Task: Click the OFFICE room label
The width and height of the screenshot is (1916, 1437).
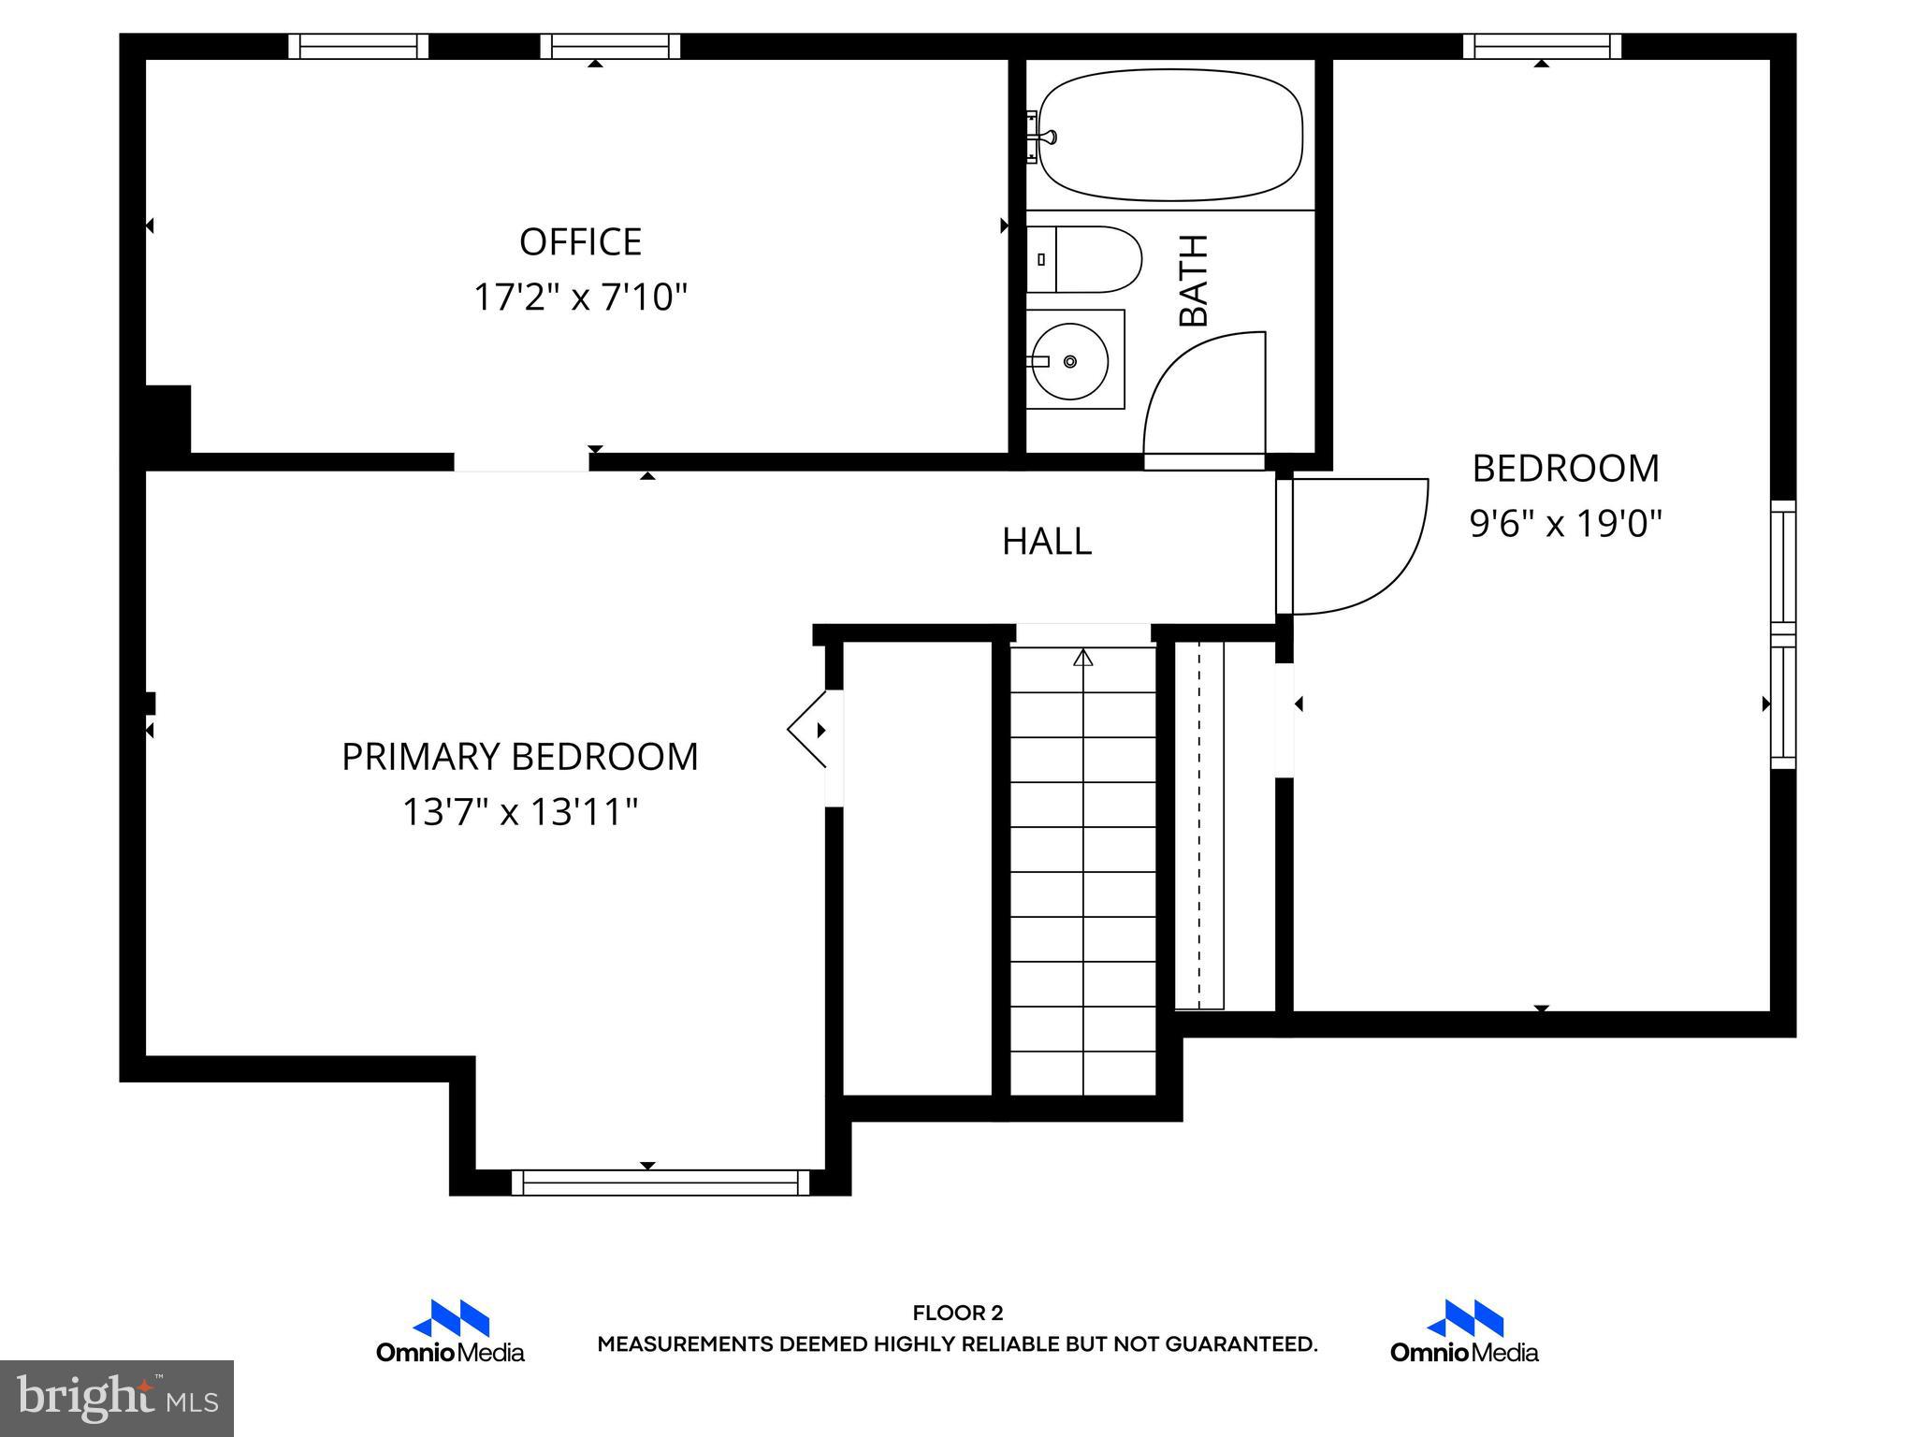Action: pos(580,242)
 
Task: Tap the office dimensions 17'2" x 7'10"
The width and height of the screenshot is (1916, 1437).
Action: pos(580,298)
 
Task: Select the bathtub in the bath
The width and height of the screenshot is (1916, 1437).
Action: pos(1170,135)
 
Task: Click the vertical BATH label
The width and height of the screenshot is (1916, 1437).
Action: pos(1194,281)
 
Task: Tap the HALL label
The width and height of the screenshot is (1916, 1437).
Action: pos(1046,542)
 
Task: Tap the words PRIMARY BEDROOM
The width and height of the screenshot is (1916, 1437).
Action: pos(519,757)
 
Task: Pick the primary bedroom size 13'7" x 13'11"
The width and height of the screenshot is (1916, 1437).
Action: pos(519,812)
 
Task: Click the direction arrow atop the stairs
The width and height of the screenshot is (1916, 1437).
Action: pos(1083,658)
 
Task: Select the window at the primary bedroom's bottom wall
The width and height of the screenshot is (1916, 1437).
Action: pos(660,1183)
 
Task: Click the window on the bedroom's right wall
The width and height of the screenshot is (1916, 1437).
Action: pos(1783,636)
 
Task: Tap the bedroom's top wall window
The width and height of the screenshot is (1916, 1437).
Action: pos(1542,46)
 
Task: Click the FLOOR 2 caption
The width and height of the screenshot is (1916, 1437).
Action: pos(957,1313)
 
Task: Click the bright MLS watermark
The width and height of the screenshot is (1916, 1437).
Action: pos(117,1398)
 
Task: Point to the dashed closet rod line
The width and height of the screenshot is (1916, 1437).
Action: pos(1199,823)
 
